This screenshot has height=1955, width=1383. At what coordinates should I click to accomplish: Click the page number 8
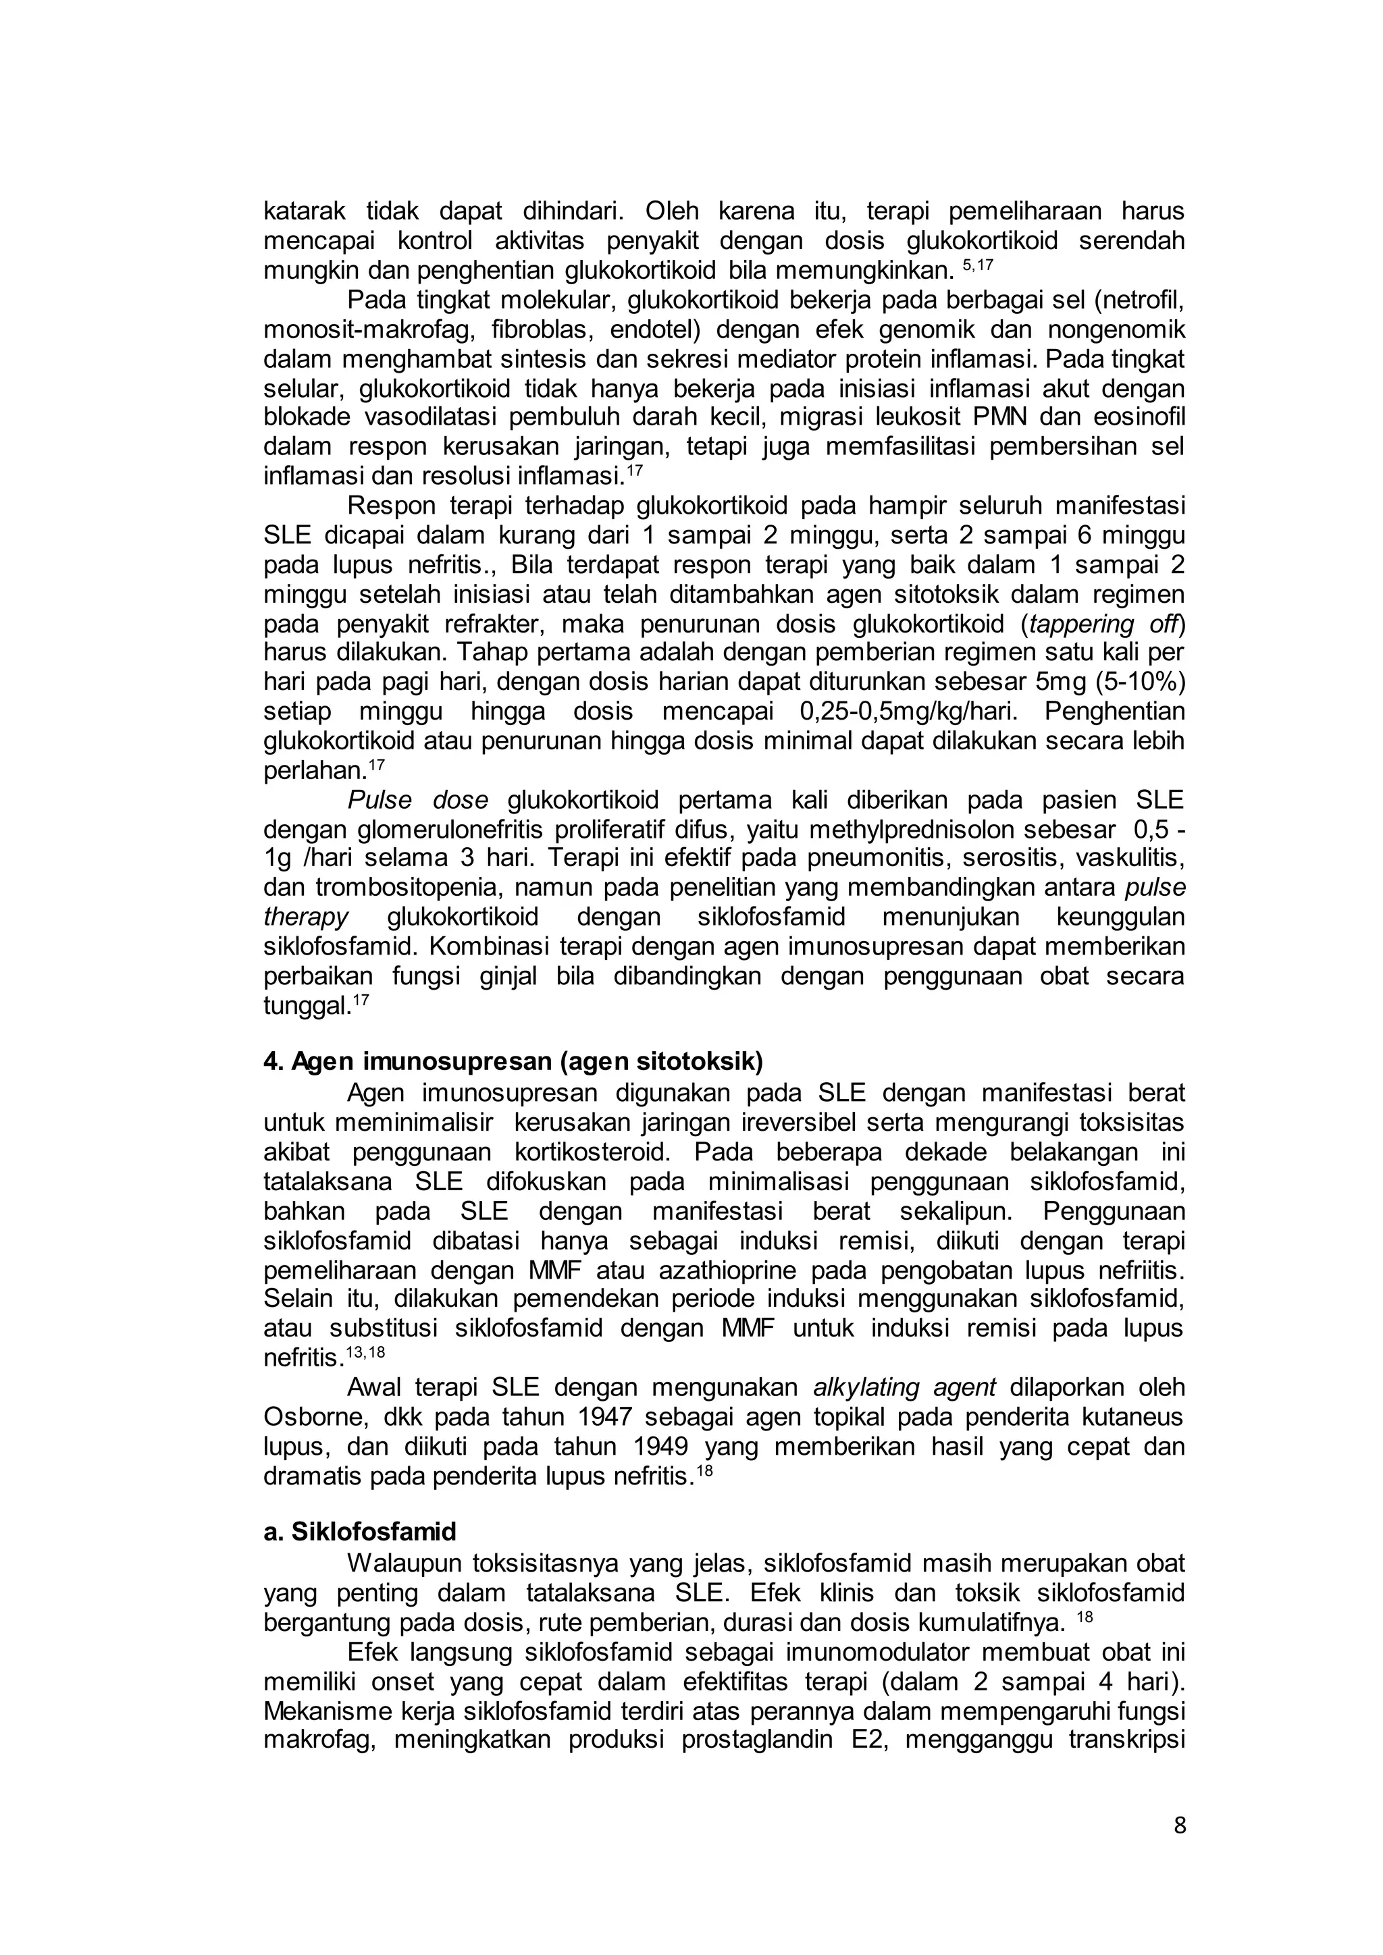tap(1178, 1825)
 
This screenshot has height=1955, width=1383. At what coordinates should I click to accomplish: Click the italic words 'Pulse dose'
tap(417, 801)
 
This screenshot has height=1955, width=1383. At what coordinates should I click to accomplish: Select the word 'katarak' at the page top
tap(304, 211)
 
